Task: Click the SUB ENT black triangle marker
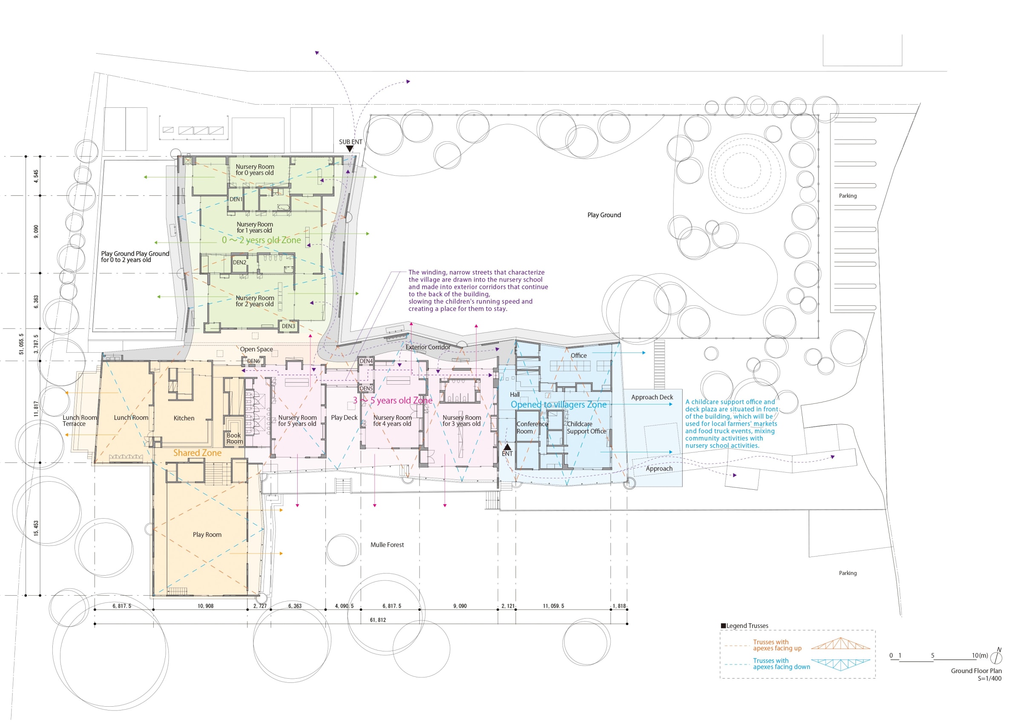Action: click(x=350, y=149)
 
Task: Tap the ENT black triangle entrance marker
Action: click(x=507, y=446)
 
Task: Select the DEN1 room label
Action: click(x=236, y=199)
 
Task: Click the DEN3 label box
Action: click(x=288, y=326)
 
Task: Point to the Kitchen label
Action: click(x=184, y=418)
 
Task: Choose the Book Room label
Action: click(x=234, y=439)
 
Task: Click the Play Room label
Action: click(x=207, y=535)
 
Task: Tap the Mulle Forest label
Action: click(x=387, y=545)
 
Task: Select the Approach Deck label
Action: click(x=652, y=397)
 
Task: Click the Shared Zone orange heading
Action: click(x=197, y=453)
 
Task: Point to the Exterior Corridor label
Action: click(x=428, y=347)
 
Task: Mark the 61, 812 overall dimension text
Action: click(x=378, y=620)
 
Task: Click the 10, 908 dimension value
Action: click(x=205, y=606)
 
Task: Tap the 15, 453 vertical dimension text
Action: click(x=36, y=528)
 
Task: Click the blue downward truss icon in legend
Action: click(x=840, y=664)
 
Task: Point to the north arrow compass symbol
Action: click(x=996, y=656)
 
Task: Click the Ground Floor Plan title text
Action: click(x=976, y=671)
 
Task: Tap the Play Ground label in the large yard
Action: click(x=603, y=215)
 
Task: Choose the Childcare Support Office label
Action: click(x=586, y=428)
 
